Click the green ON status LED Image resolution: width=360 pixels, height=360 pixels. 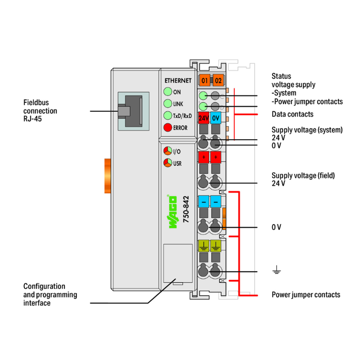tap(167, 92)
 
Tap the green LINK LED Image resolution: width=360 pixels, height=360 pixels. tap(167, 104)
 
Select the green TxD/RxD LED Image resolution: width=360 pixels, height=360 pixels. tap(167, 116)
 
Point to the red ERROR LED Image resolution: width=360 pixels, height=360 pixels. tap(167, 128)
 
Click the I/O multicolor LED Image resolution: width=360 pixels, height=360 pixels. tap(167, 151)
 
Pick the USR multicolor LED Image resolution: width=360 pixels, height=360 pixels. tap(167, 163)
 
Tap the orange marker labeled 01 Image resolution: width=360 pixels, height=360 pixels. tap(205, 80)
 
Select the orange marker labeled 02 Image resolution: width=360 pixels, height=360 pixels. tap(218, 80)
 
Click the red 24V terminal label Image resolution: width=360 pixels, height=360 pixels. tap(203, 118)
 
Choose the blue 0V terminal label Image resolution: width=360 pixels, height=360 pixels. tap(216, 118)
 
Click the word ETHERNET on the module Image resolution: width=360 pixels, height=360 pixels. tap(178, 81)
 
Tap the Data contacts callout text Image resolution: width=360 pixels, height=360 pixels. tap(292, 114)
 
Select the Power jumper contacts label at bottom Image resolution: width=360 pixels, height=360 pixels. tap(306, 294)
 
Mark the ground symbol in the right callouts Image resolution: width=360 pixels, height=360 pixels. tap(276, 272)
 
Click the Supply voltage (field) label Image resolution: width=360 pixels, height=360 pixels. tap(303, 179)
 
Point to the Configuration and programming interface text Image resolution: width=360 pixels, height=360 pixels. tap(50, 294)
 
